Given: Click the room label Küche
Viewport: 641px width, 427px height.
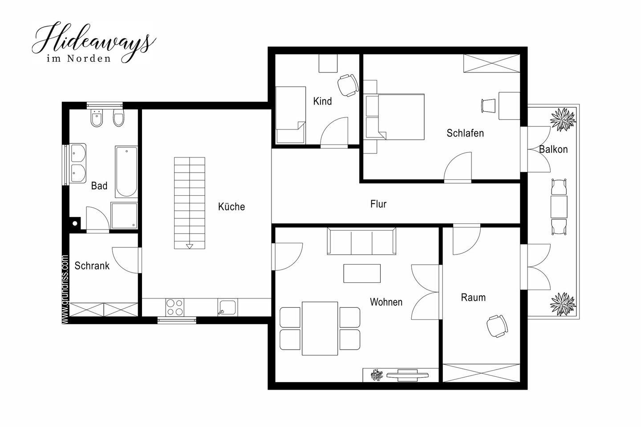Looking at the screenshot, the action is click(x=231, y=206).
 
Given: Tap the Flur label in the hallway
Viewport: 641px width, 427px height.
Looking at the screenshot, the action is click(x=378, y=204).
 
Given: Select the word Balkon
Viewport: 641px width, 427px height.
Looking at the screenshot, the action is click(x=553, y=149).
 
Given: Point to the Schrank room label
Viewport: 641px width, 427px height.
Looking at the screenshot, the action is click(x=92, y=266).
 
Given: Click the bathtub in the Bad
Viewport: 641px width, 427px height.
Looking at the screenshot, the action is click(x=126, y=172).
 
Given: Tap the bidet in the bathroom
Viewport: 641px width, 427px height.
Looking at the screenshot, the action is click(x=97, y=119).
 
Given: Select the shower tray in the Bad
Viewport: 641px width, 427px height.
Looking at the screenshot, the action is click(x=124, y=216).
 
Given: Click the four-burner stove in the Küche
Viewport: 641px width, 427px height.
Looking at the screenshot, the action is click(x=174, y=307).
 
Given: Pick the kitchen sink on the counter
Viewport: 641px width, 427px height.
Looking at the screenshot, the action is click(x=227, y=307).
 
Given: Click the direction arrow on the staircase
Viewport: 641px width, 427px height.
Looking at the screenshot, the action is click(x=190, y=246).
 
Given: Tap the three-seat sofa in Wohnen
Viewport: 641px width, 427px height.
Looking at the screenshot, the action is click(x=361, y=241).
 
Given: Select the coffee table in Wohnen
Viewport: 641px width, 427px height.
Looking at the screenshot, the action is click(x=362, y=274).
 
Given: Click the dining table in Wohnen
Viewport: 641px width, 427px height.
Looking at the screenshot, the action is click(x=320, y=328).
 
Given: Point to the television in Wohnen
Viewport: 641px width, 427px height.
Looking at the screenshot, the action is click(x=407, y=375).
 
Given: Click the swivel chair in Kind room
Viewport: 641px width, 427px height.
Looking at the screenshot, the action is click(x=348, y=85).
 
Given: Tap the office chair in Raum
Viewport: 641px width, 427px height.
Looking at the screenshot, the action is click(x=497, y=326).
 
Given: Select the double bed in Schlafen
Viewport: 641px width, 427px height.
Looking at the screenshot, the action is click(x=395, y=117).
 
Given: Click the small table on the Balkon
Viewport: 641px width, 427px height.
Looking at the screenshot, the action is click(x=559, y=206).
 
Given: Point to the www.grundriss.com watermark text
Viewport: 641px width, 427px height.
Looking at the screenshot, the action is click(x=65, y=289).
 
